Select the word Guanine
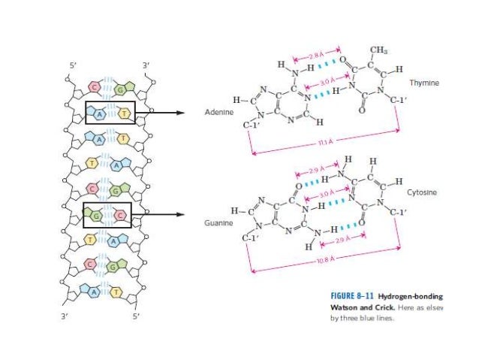coord(219,223)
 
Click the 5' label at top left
coord(73,65)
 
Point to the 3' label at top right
coord(146,65)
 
